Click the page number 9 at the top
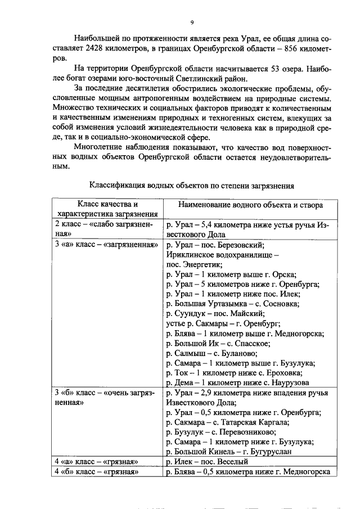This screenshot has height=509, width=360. click(x=191, y=22)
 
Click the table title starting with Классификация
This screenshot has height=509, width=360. click(x=191, y=184)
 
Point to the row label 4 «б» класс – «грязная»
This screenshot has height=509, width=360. click(x=96, y=472)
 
